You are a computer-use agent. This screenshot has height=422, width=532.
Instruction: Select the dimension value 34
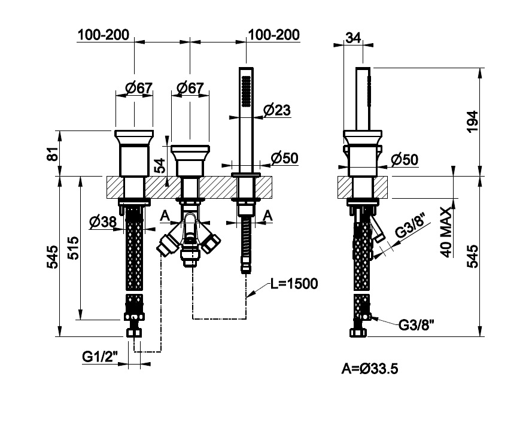(353, 38)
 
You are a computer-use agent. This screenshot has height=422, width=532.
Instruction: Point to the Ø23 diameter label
(276, 110)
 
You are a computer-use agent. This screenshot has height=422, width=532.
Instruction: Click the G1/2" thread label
(101, 357)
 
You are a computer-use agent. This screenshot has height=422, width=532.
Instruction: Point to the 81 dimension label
(53, 153)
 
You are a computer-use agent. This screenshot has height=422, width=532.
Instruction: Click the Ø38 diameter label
(102, 222)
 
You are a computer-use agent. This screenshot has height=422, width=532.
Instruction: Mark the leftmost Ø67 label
(139, 88)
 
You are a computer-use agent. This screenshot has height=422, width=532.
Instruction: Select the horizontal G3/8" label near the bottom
(417, 325)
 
